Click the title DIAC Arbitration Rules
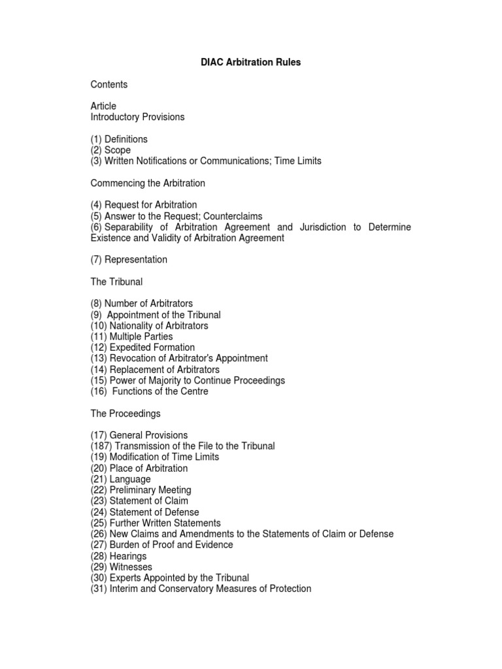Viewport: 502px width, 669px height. [x=250, y=63]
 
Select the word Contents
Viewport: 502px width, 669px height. [x=109, y=84]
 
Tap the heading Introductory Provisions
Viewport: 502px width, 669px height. [x=137, y=117]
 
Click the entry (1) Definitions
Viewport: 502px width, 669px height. [x=119, y=139]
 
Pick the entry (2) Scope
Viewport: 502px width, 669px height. [x=110, y=150]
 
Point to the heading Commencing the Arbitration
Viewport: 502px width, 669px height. [x=148, y=183]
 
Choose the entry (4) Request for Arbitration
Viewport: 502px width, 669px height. [x=144, y=204]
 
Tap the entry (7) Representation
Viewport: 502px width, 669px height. [x=129, y=259]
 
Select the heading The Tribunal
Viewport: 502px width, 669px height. [x=116, y=282]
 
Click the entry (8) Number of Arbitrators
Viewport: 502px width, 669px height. [x=142, y=304]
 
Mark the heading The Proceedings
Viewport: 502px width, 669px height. [x=125, y=414]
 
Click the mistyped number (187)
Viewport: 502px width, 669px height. [x=101, y=446]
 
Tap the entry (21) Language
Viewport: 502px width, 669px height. [x=121, y=479]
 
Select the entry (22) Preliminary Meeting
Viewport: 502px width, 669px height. [x=141, y=490]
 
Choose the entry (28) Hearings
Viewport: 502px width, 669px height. [x=118, y=556]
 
